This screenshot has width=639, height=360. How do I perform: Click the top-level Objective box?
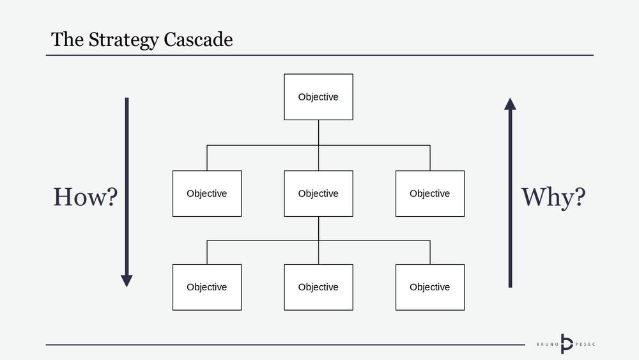tap(318, 97)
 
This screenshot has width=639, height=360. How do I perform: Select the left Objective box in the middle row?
tap(206, 193)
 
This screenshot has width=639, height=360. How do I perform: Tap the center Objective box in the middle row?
tap(318, 193)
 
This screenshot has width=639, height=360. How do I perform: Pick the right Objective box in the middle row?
tap(429, 193)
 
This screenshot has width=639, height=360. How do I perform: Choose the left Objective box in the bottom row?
tap(206, 287)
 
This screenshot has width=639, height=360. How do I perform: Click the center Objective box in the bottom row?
tap(318, 287)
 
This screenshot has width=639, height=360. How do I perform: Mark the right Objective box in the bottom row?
tap(429, 287)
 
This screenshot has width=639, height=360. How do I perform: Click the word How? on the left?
tap(85, 197)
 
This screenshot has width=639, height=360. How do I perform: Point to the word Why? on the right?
tap(553, 197)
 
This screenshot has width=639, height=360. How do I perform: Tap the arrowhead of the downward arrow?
tap(127, 280)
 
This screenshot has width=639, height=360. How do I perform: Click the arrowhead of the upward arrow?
tap(510, 104)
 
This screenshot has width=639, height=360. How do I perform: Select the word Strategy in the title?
tap(123, 40)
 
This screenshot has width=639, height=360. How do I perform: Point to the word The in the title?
tap(66, 40)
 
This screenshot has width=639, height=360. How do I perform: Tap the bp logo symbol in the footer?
tap(566, 344)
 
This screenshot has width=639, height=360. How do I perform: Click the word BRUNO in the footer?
tap(546, 344)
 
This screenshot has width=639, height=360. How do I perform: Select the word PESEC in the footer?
tap(583, 344)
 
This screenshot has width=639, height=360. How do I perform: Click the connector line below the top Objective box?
tap(318, 132)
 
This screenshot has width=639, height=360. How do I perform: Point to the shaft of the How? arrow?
tap(127, 185)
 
